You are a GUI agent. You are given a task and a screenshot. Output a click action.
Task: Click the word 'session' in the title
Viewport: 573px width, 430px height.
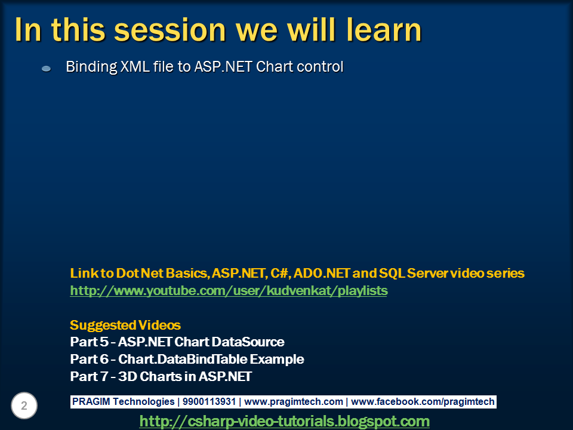(170, 30)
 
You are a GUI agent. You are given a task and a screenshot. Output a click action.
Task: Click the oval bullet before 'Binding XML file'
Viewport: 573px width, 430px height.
(46, 68)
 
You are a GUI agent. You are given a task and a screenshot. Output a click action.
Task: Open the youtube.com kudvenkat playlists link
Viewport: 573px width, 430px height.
(229, 291)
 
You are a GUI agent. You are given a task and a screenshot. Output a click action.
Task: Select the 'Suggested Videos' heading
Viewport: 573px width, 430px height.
(125, 325)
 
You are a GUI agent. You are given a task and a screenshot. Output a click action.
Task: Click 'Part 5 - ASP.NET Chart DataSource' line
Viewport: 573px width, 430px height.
(177, 342)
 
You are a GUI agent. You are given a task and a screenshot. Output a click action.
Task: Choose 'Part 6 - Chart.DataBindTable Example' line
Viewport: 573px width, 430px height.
(187, 359)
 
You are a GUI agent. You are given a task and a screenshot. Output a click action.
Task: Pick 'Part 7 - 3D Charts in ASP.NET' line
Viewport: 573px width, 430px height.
(161, 376)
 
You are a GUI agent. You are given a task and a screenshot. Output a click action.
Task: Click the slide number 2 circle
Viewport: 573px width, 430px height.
(24, 406)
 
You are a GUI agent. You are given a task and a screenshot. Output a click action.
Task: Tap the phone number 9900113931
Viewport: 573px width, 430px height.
(209, 401)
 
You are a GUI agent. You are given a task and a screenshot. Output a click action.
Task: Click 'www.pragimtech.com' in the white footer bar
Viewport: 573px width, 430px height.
(294, 401)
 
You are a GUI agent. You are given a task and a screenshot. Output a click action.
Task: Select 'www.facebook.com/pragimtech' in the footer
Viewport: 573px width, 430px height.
(423, 401)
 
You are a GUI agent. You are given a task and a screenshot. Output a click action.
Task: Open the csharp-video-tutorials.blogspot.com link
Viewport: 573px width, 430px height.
(284, 421)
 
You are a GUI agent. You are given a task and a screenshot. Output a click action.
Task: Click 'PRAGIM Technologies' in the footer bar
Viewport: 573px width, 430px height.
(123, 401)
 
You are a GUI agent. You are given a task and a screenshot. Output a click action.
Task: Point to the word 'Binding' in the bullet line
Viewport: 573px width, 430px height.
(91, 67)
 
